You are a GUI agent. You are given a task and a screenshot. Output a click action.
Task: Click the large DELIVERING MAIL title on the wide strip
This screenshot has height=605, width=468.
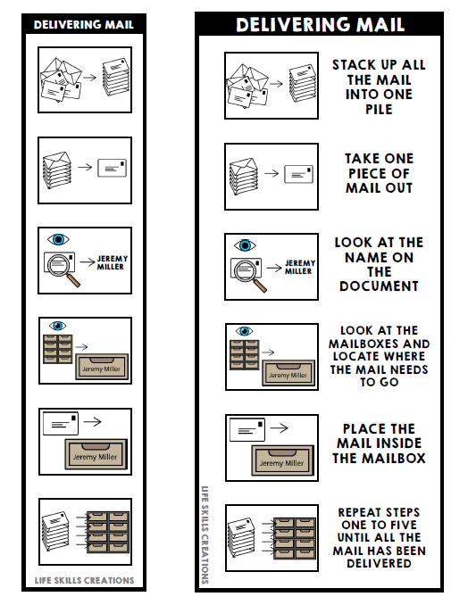[x=320, y=24]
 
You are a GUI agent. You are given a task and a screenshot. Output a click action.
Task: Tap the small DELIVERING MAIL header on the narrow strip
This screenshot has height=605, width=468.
[x=84, y=24]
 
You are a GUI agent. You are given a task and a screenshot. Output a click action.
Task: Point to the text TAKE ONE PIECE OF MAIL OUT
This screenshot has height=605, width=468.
[x=379, y=173]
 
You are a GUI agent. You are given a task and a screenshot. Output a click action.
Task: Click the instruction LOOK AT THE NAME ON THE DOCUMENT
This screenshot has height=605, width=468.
[x=379, y=264]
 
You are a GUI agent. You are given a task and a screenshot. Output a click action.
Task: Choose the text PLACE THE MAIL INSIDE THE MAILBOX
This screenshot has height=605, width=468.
[x=379, y=443]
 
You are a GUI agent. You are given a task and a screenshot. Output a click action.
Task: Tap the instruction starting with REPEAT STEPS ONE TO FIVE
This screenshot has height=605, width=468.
[x=379, y=538]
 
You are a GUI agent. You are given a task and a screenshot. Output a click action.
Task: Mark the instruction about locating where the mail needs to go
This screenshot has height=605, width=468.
[x=379, y=356]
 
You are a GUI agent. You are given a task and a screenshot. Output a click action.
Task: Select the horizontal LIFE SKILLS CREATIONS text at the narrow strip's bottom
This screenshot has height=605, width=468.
[x=85, y=581]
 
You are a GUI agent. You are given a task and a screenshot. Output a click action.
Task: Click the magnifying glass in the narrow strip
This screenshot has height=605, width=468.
[x=62, y=268]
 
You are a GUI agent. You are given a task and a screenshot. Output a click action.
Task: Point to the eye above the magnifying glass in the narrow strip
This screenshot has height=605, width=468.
[x=58, y=239]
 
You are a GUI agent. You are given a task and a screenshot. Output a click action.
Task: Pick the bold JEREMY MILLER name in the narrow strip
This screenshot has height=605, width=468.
[x=112, y=262]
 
